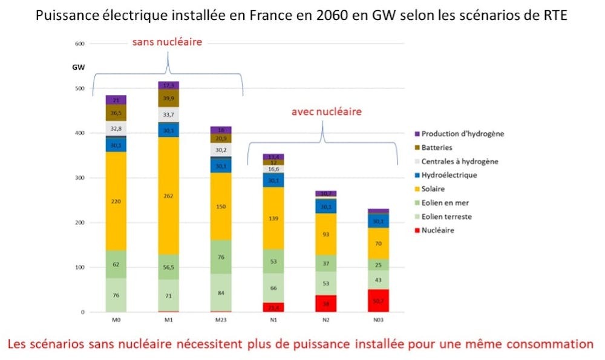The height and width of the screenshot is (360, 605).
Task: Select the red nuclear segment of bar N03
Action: click(x=379, y=300)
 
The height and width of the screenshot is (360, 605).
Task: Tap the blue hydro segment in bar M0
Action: click(x=116, y=145)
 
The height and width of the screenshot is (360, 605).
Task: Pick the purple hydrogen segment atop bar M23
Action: click(x=221, y=130)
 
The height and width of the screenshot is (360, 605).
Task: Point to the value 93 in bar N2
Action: click(x=326, y=234)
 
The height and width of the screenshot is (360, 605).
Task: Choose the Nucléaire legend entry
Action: click(x=438, y=230)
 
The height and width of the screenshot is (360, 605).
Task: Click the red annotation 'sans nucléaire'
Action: click(x=167, y=42)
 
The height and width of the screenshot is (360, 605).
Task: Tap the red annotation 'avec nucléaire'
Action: click(x=327, y=111)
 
